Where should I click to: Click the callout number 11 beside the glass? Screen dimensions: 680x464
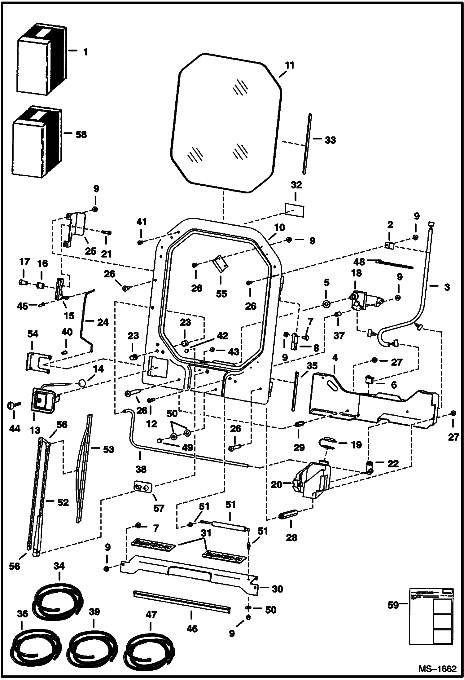[290, 66]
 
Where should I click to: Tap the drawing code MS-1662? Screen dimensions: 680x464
[437, 668]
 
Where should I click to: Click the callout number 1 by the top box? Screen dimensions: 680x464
[85, 52]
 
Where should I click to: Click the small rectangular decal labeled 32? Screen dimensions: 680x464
[294, 210]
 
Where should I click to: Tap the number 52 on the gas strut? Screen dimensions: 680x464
[63, 502]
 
